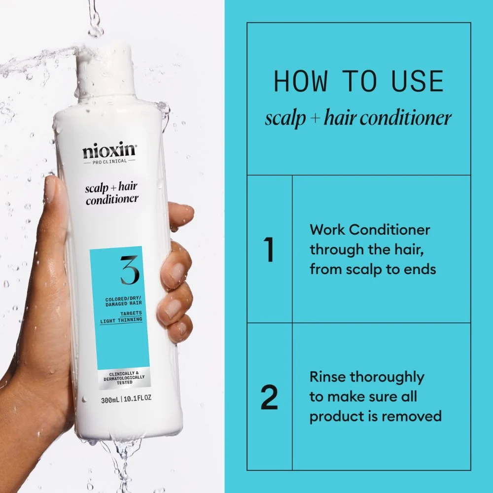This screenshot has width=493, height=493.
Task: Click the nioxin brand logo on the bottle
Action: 109,149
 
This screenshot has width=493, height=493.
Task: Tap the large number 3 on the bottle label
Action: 129,270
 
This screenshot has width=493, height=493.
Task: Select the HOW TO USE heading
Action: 358,81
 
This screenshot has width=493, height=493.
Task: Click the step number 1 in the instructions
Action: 269,249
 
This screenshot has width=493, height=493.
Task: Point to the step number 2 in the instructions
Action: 269,397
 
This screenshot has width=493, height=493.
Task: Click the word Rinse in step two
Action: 328,377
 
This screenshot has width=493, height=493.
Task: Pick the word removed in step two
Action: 413,416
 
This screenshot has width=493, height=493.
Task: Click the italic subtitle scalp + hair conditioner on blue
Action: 358,118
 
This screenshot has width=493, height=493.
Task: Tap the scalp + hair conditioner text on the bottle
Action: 112,194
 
